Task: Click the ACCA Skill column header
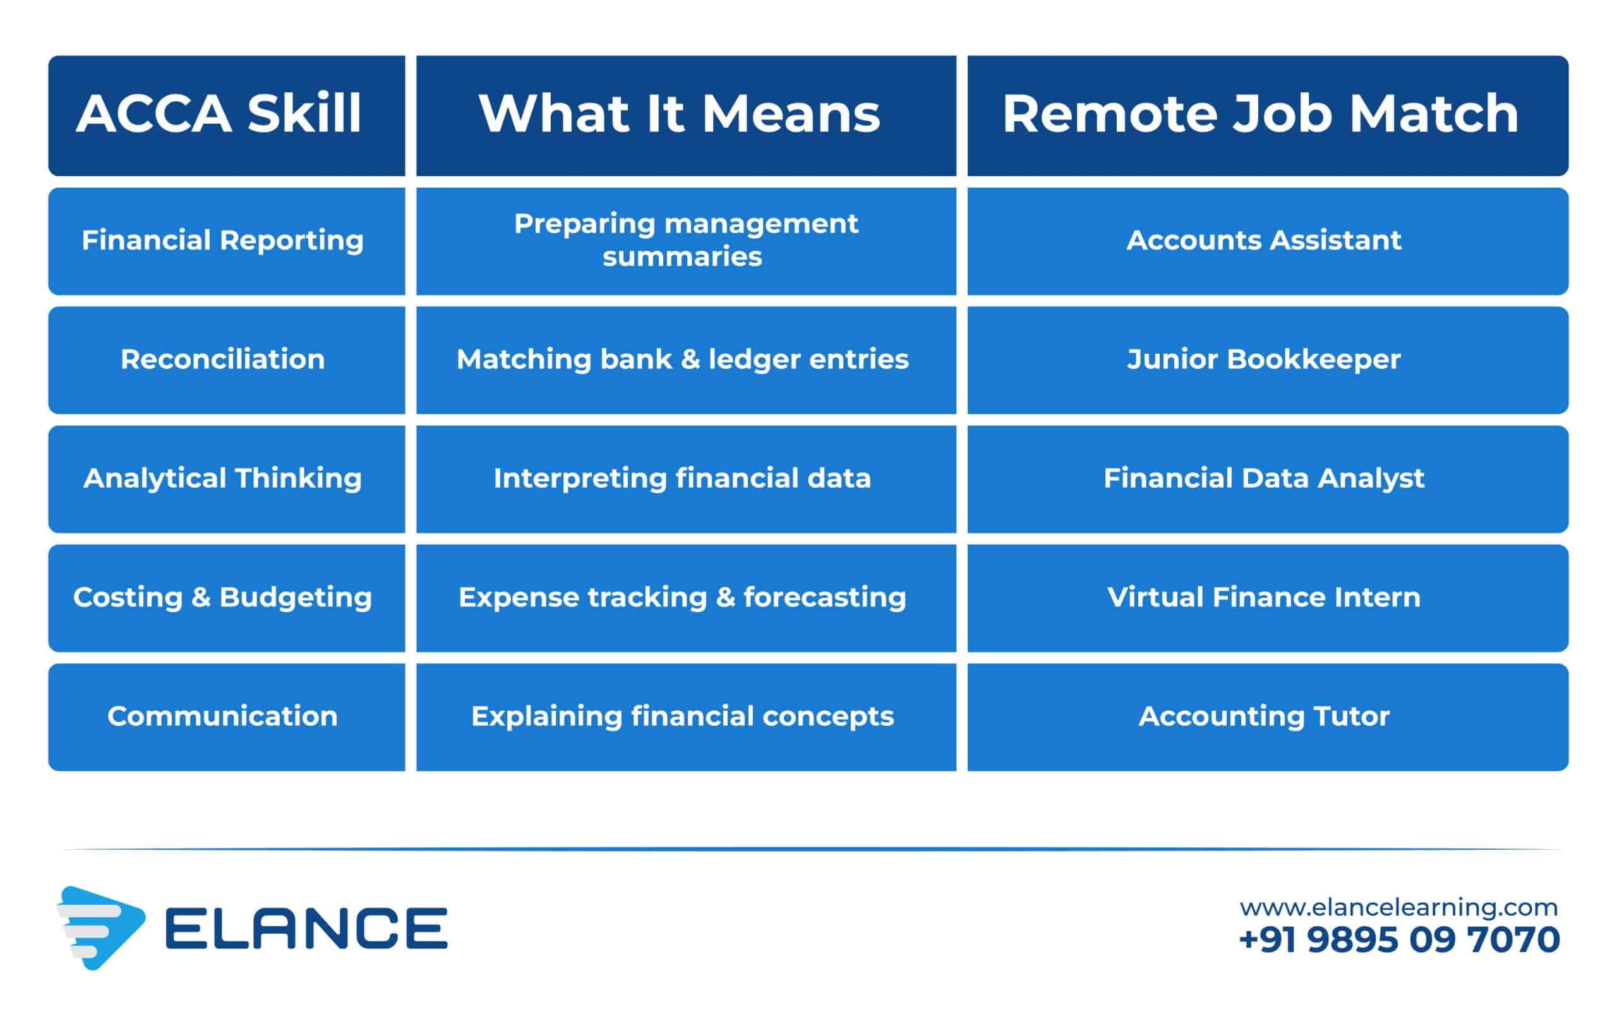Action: [226, 116]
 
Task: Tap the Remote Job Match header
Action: [1268, 116]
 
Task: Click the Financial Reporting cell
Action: [226, 241]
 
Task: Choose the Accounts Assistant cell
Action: [1268, 241]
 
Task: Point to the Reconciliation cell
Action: [226, 360]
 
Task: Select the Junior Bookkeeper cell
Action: [1268, 360]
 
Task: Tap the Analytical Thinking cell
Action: [226, 479]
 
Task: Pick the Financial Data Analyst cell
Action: [1268, 479]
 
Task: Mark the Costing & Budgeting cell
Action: [226, 598]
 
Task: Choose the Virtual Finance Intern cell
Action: [1268, 598]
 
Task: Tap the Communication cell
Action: [226, 717]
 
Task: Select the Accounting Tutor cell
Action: [1268, 717]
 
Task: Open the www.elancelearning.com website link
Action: [1398, 908]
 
